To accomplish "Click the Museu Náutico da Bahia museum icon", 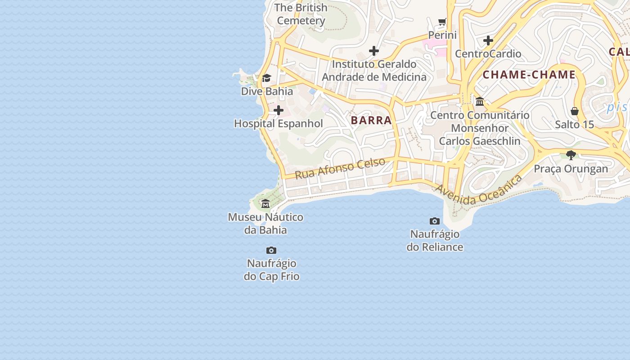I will coord(265,204).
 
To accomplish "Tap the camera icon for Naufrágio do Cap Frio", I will coord(271,250).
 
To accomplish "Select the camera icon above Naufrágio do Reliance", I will coord(435,221).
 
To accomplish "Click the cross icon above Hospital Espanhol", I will coord(279,110).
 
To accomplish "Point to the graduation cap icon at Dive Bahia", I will coord(266,78).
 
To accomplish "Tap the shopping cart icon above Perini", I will coord(443,22).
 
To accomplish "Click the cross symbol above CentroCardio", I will coord(488,41).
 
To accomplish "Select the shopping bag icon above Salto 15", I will coord(575,111).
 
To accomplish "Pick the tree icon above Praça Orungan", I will coord(571,155).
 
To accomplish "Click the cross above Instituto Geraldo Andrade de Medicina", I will coord(374,51).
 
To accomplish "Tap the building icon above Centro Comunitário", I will coord(480,102).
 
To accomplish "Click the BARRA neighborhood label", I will coord(371,121).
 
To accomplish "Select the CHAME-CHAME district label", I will coord(529,75).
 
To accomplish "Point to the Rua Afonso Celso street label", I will coord(340,168).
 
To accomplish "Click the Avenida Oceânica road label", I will coord(479,191).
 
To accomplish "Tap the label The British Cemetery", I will coord(301,14).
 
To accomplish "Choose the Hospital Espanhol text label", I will coord(279,124).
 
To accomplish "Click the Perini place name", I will coord(442,35).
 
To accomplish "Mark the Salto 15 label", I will coord(575,125).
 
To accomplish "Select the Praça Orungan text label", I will coord(571,169).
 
